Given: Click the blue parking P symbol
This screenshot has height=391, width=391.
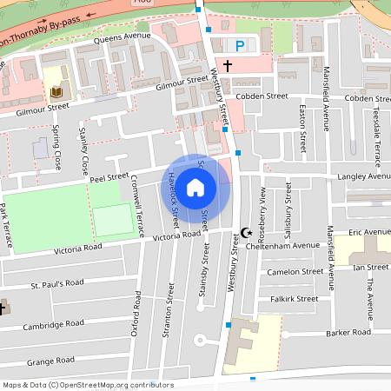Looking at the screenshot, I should point(239,45).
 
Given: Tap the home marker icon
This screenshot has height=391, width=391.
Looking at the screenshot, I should point(195,186).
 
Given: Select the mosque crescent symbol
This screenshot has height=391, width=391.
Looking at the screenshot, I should point(246,232).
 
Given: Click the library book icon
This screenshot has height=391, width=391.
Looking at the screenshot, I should point(56,92).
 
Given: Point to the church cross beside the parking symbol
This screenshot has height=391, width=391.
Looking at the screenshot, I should point(228,65).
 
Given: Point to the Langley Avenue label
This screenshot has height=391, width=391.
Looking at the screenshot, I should point(364,176).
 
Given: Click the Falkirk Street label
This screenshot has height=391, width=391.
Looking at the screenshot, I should point(294,299).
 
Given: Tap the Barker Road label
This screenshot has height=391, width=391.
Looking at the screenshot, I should point(348,332).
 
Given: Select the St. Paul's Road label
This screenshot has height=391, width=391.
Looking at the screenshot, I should point(57,283).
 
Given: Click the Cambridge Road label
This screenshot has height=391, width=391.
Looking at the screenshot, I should point(56,324).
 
